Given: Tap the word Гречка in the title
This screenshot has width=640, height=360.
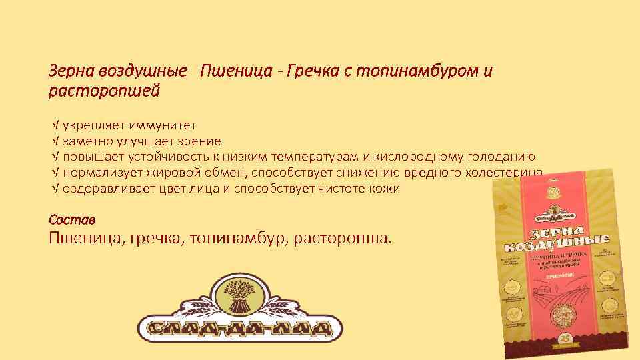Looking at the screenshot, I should pyautogui.click(x=312, y=71).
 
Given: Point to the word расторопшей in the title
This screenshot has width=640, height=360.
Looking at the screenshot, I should pyautogui.click(x=105, y=90).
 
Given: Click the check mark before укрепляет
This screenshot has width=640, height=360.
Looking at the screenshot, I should pyautogui.click(x=55, y=125).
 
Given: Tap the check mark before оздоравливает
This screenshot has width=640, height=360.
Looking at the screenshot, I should pyautogui.click(x=55, y=189).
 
